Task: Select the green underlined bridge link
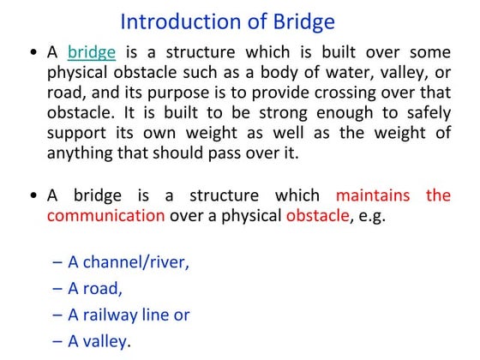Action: point(92,52)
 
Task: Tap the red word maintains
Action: point(373,195)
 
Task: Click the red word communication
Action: point(105,216)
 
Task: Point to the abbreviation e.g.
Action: point(371,217)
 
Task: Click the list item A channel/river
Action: point(128,262)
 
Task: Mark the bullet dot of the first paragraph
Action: point(32,53)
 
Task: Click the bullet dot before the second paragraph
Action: point(32,196)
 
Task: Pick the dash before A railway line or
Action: point(57,315)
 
